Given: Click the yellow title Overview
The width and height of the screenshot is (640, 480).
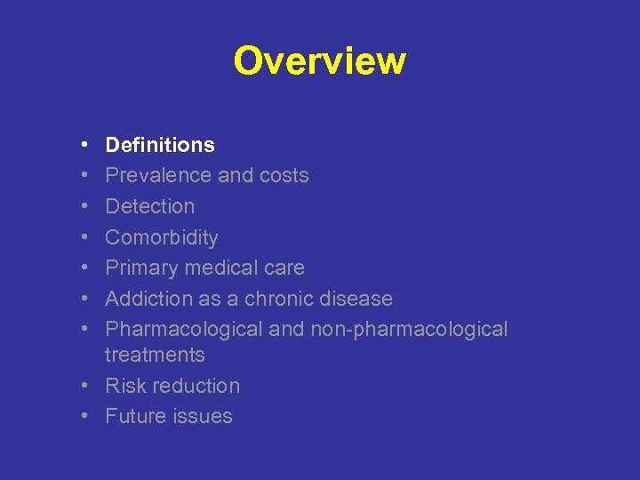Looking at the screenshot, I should (319, 61).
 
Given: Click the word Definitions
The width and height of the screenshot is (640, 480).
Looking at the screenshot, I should (160, 145).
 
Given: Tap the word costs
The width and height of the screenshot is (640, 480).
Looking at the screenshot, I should (284, 175).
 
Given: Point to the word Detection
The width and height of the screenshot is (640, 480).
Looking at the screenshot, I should (149, 206).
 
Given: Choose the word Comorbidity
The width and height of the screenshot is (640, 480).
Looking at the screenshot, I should (161, 237).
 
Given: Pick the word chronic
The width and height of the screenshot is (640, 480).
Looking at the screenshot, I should (280, 299).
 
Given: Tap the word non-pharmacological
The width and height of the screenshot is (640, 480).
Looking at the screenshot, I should (409, 329).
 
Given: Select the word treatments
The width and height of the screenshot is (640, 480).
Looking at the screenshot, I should (155, 355).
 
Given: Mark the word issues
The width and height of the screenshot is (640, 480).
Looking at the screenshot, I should (204, 416).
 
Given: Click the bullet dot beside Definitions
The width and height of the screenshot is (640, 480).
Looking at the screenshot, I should (82, 145).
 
